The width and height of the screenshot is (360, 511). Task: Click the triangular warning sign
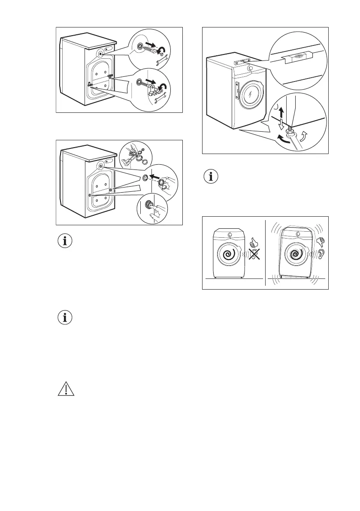65,389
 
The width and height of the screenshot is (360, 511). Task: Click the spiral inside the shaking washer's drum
295,254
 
